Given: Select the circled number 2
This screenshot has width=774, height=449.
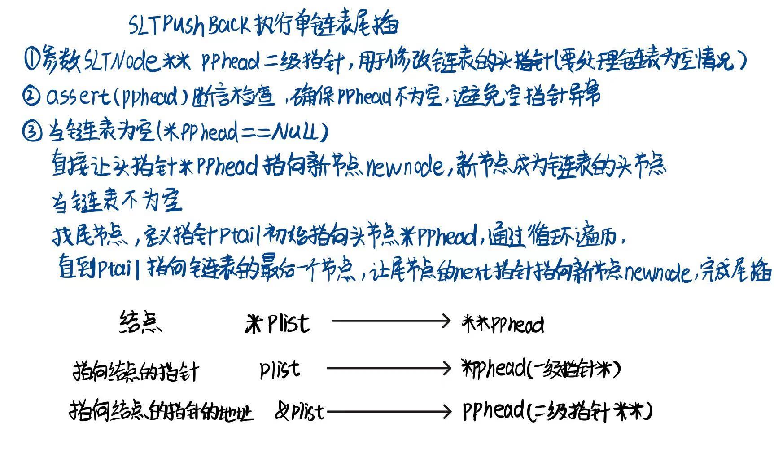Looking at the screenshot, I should tap(31, 96).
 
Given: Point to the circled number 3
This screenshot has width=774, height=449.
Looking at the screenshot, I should tap(31, 132).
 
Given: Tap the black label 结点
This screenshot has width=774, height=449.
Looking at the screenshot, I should tap(140, 322).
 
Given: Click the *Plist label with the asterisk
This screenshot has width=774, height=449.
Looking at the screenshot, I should tap(277, 322).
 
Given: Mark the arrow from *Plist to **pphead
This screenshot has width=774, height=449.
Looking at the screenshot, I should tap(390, 321).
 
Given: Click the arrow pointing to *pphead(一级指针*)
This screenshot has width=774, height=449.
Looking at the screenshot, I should tap(388, 368).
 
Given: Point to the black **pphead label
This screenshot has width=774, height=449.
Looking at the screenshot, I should tap(503, 323).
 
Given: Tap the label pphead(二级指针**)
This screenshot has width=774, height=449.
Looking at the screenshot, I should tap(556, 410).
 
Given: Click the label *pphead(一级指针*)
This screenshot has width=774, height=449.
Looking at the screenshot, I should tap(541, 369).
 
